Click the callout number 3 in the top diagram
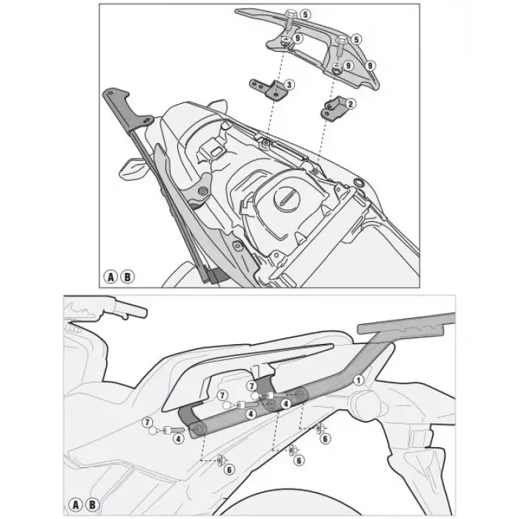click(288, 85)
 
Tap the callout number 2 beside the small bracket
click(350, 103)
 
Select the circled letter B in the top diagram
click(128, 278)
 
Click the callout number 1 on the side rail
click(357, 380)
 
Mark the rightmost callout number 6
click(324, 438)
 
